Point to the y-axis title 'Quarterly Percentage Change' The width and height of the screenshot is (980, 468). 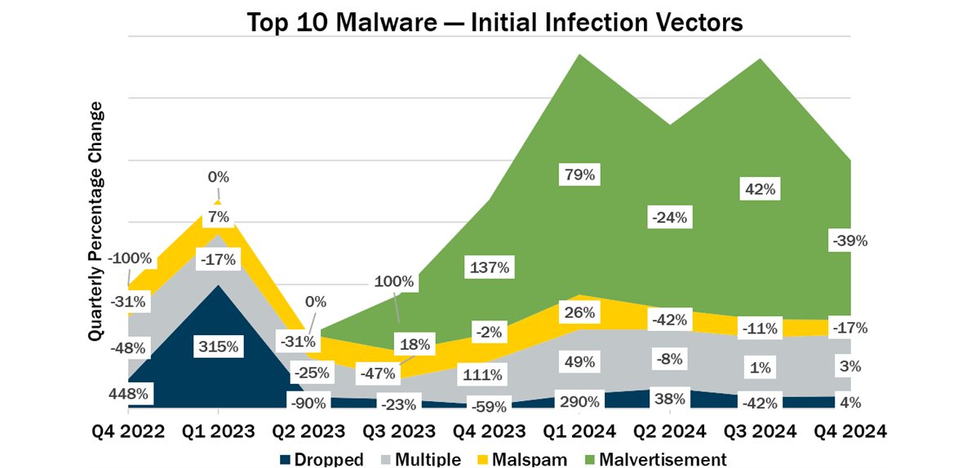[96, 222]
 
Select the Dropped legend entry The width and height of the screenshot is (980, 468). [321, 459]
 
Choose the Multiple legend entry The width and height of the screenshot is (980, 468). [419, 459]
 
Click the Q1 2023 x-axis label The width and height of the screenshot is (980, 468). [217, 429]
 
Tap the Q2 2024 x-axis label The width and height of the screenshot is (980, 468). [670, 429]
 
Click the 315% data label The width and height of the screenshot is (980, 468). [218, 346]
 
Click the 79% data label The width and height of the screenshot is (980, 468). [579, 174]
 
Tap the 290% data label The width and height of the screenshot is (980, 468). [580, 401]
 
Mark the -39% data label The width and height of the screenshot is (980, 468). [849, 241]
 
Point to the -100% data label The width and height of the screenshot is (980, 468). [131, 258]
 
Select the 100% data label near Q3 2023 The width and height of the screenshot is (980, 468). [396, 283]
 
